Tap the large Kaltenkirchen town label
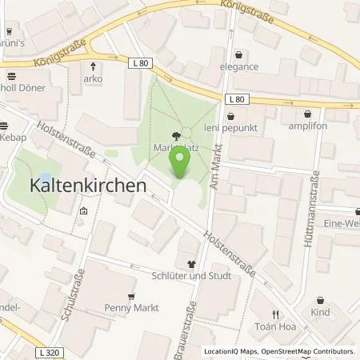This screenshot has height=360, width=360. (x=78, y=184)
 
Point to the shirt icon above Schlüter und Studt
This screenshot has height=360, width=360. (x=190, y=263)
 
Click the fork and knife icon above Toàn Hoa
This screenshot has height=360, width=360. (x=276, y=314)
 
